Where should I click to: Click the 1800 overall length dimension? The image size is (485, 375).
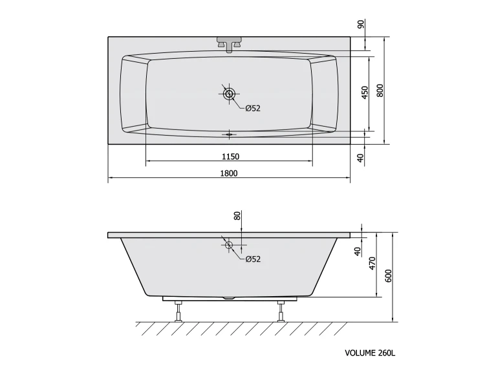(229, 173)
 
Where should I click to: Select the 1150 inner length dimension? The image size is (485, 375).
(230, 156)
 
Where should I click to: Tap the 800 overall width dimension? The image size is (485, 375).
(380, 91)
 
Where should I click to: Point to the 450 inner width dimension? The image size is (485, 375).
(365, 92)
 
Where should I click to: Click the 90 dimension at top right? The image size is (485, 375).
(361, 24)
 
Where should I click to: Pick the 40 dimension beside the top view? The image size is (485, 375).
(360, 158)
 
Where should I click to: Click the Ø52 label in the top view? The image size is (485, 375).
(253, 108)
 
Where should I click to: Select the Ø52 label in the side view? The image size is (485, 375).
(253, 259)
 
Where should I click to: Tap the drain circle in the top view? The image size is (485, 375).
(229, 94)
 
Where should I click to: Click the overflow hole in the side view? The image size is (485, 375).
(229, 245)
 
